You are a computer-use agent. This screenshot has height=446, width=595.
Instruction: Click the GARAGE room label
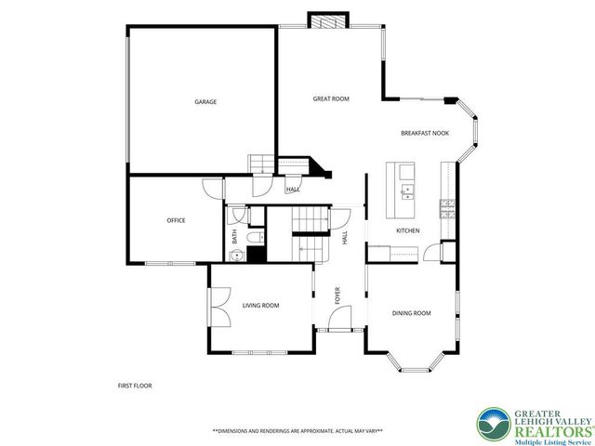(x=205, y=101)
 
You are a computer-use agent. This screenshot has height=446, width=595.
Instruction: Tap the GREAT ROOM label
(x=330, y=98)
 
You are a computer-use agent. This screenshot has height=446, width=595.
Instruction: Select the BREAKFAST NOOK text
(x=425, y=133)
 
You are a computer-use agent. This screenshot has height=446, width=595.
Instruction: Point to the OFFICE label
(x=176, y=220)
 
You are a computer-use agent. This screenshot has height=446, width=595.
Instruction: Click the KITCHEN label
(x=408, y=230)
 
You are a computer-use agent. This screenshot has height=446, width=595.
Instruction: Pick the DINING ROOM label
(x=411, y=313)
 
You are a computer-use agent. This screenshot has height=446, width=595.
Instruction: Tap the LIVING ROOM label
(x=260, y=305)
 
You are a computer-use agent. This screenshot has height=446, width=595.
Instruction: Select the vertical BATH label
(x=234, y=237)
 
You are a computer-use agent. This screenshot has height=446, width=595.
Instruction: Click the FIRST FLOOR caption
(x=134, y=386)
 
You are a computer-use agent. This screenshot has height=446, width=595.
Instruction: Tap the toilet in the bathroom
(x=254, y=237)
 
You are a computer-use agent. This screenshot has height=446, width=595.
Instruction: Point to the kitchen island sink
(x=406, y=192)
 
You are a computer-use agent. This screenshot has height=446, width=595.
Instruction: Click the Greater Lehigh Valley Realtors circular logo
(x=492, y=425)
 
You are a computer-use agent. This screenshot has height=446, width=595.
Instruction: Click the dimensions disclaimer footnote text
(x=297, y=431)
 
